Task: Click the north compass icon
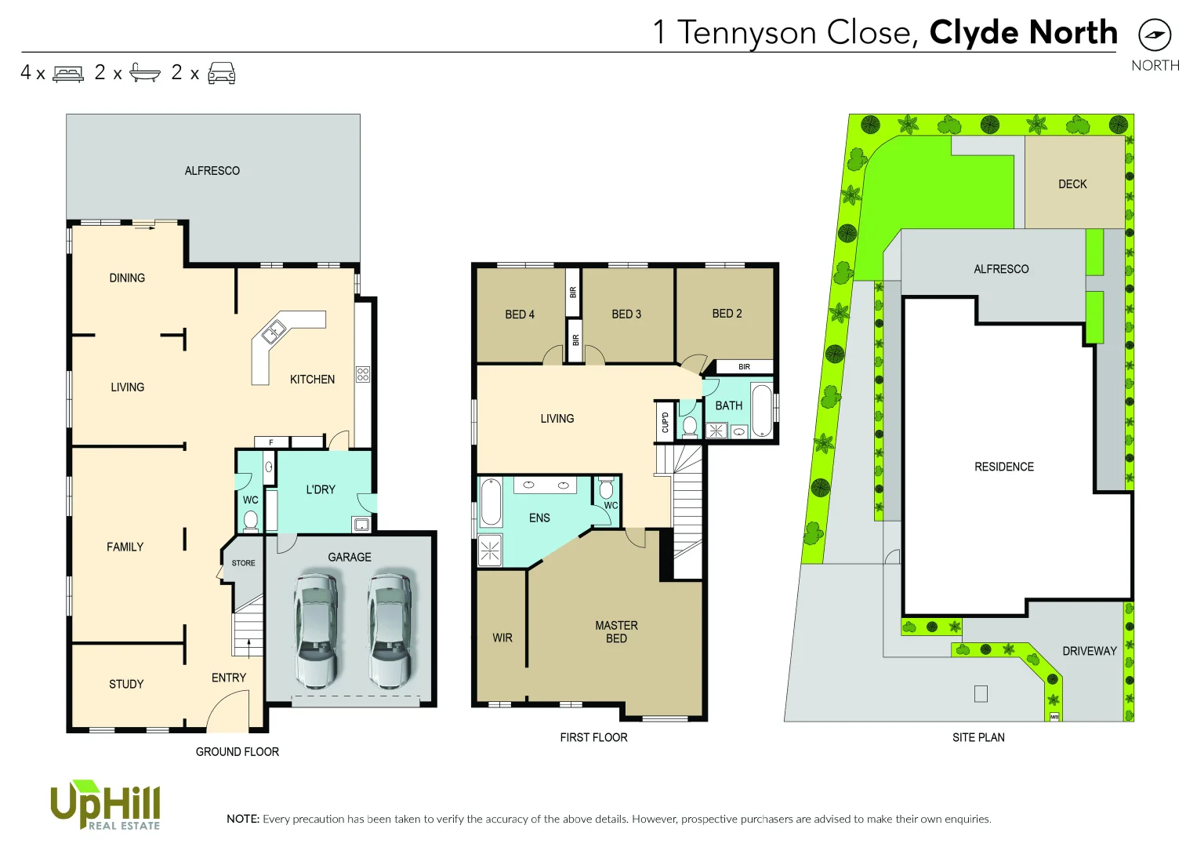1154,35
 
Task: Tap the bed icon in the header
68,74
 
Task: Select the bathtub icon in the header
144,73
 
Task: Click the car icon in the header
222,73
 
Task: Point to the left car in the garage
317,631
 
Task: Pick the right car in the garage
390,631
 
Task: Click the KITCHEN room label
312,380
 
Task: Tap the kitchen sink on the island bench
273,332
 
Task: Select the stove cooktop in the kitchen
362,374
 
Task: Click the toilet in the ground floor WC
251,520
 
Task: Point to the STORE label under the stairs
243,563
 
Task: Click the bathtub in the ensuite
491,503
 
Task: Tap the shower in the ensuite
490,551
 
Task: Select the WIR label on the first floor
502,638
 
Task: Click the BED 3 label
626,314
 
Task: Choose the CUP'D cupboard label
665,423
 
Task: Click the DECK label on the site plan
1072,184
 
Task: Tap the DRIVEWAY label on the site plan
1089,651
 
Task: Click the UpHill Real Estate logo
105,805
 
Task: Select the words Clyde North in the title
1023,33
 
